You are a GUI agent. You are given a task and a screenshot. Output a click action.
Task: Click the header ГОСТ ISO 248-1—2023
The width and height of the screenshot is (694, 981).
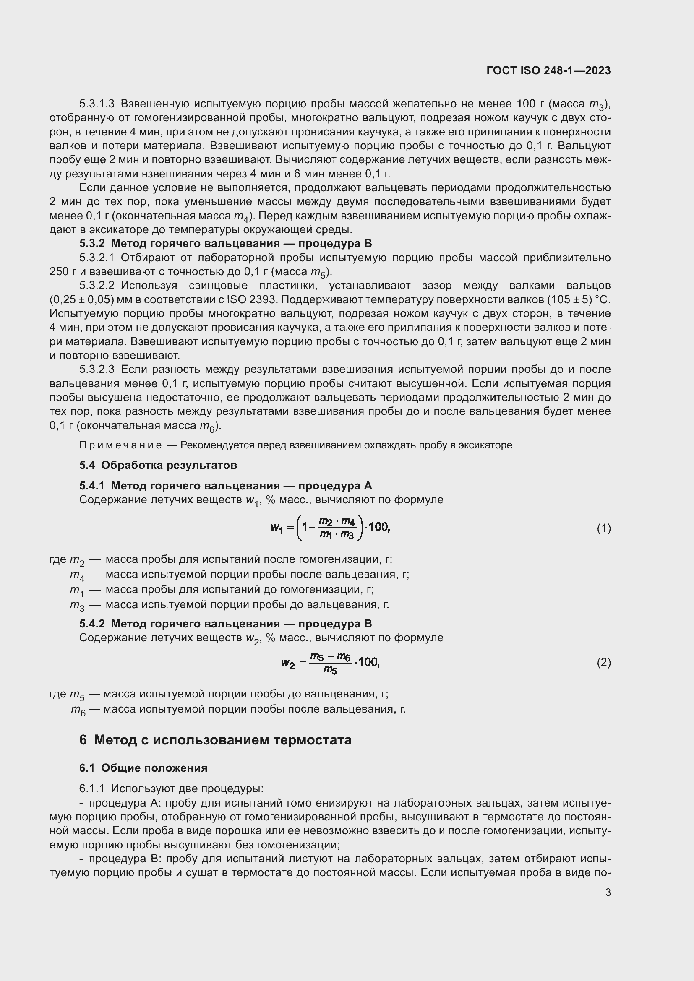[548, 70]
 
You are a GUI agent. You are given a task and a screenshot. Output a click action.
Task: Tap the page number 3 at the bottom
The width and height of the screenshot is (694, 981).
[608, 893]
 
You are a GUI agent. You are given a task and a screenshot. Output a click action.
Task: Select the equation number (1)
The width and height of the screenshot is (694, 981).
[603, 528]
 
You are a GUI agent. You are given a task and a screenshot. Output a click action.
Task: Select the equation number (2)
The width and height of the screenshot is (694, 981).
[603, 663]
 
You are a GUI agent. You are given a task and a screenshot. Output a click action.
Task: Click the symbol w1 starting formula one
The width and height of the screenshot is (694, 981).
[277, 528]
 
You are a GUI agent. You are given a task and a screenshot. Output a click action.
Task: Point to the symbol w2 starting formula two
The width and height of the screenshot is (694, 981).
[287, 663]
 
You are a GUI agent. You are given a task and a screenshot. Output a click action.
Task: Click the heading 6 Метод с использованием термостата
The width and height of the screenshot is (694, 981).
[215, 739]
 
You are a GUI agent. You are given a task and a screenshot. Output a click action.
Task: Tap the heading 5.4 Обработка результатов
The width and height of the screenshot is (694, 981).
[158, 465]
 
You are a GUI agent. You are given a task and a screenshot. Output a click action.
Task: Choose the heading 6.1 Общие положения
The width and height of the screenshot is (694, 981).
[143, 768]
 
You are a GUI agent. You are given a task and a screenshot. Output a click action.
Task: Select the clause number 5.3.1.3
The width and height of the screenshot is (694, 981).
[97, 104]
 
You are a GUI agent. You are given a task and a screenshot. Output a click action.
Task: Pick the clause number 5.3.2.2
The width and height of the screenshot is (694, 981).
[97, 286]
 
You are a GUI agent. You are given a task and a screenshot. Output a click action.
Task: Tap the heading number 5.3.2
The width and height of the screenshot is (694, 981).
[92, 244]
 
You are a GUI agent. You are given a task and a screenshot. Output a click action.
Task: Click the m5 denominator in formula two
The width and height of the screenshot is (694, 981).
[330, 670]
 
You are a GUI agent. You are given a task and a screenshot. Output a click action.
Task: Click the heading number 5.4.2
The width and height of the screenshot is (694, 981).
[92, 624]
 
